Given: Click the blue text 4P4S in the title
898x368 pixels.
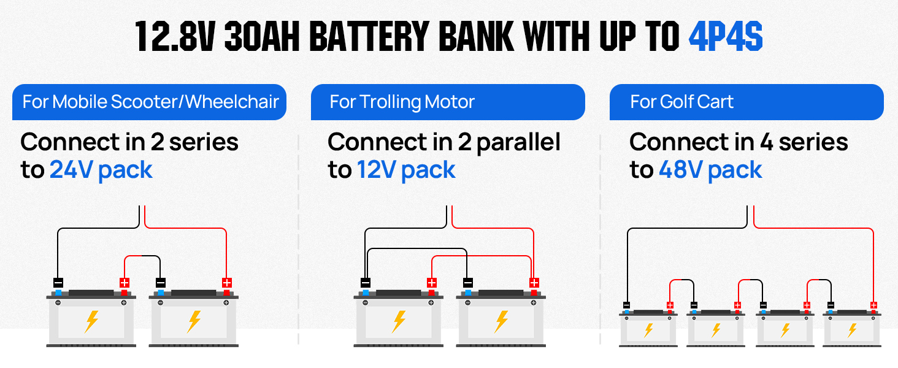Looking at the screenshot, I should [726, 37].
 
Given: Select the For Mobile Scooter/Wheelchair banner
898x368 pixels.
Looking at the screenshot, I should [150, 102].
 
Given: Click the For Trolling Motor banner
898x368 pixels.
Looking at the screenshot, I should [448, 102].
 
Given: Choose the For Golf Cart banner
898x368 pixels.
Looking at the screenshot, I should [746, 102].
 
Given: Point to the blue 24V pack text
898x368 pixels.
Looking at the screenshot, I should [101, 170].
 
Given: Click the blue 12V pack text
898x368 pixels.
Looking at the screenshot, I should [406, 170].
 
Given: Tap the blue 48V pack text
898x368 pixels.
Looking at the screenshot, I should [710, 170].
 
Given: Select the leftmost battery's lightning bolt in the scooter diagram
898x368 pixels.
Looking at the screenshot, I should [92, 320].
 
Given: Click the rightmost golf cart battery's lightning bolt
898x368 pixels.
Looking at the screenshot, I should [852, 330].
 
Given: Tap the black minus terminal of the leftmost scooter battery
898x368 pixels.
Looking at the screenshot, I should [58, 283].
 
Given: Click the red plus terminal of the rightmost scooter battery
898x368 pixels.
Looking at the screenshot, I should [226, 283].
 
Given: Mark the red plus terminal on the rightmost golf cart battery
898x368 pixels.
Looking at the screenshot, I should [873, 305].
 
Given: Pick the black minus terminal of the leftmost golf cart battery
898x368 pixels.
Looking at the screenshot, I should [627, 305].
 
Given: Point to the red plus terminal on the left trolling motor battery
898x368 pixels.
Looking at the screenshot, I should [431, 283].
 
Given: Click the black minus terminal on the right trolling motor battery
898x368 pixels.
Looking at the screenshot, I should [468, 283].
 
